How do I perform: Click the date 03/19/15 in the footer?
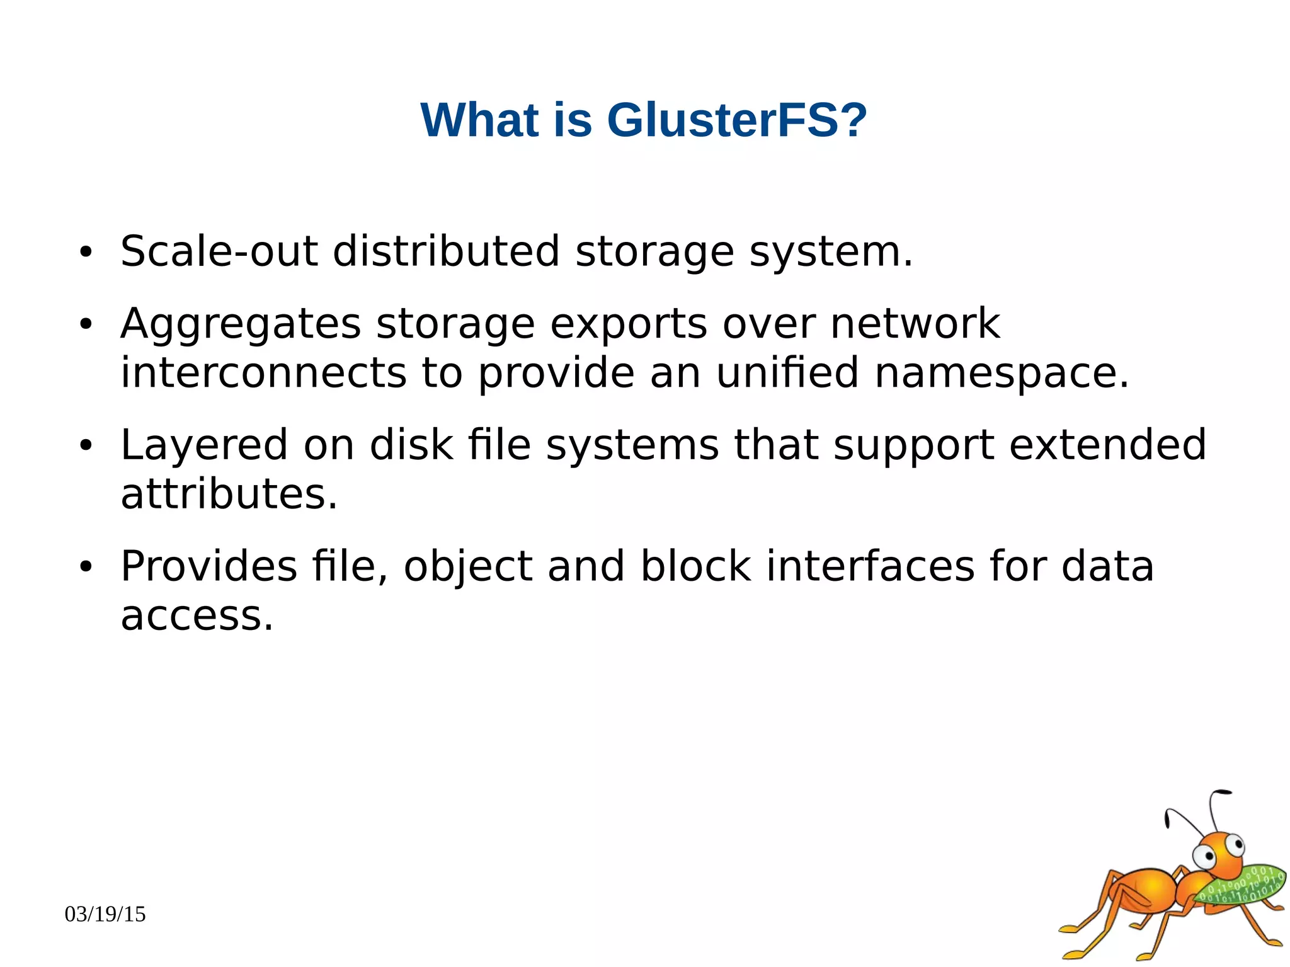click(x=105, y=914)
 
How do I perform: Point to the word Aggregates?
click(x=241, y=325)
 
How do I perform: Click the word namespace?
click(x=1002, y=373)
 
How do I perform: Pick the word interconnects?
click(x=263, y=373)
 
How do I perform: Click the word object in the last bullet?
click(x=467, y=566)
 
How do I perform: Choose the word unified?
click(x=787, y=373)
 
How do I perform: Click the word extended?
click(x=1107, y=445)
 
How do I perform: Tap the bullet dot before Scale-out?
click(x=86, y=253)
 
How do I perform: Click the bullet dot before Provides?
click(x=86, y=568)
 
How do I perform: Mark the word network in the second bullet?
click(x=915, y=325)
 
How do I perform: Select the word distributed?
click(x=446, y=251)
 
